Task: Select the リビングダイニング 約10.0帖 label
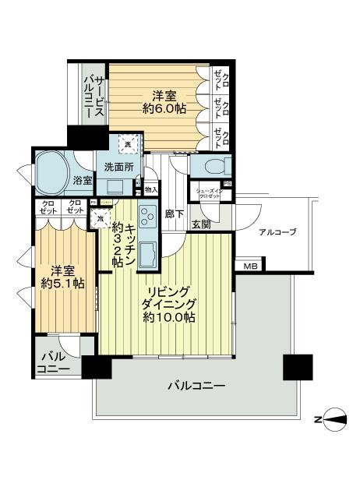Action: (x=168, y=298)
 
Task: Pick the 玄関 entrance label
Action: (x=202, y=224)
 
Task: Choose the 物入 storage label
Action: (x=151, y=189)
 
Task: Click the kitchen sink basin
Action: (x=147, y=255)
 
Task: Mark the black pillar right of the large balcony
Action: (x=298, y=365)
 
